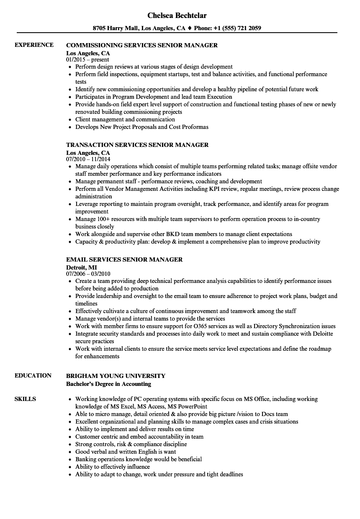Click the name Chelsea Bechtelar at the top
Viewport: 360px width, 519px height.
point(177,15)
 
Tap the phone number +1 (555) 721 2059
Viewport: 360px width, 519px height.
point(235,28)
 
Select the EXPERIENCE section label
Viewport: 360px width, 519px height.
point(34,45)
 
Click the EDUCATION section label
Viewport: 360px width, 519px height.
point(33,375)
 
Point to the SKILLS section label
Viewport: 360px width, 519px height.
point(25,399)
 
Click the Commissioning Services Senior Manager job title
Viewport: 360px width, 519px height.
point(142,45)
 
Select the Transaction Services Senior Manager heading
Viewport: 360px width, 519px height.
point(137,145)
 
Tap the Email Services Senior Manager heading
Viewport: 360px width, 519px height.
point(124,259)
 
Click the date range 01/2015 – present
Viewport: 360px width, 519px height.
point(87,60)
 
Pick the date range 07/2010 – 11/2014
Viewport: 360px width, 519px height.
point(88,159)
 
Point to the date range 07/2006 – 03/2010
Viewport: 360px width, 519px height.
point(88,274)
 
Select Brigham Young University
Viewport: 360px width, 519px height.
point(116,376)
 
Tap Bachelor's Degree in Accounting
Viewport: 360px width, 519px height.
point(108,384)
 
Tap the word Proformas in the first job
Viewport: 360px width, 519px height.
point(195,127)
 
